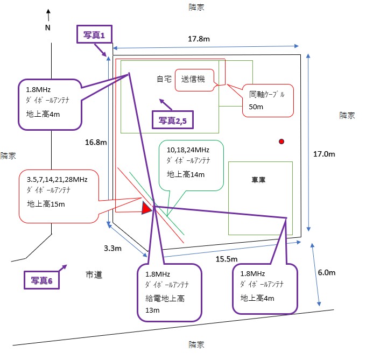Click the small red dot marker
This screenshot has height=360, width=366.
281,142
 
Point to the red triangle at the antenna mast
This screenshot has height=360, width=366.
146,208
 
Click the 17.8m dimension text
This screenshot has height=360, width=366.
199,39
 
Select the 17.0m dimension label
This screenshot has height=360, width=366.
325,154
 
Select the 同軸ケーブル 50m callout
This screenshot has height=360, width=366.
268,100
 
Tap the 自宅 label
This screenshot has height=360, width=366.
164,79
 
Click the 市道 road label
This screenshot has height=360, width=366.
94,275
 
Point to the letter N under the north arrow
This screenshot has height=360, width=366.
47,28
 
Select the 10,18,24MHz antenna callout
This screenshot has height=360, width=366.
191,165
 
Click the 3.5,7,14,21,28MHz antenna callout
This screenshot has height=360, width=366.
59,195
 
